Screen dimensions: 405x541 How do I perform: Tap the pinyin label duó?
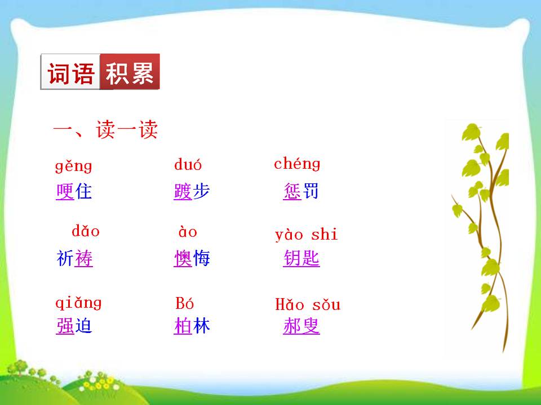188,165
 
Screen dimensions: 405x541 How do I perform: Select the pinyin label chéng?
297,164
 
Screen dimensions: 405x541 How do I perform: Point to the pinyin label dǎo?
86,231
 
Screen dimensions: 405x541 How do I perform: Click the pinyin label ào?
188,232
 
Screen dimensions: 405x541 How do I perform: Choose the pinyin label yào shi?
306,235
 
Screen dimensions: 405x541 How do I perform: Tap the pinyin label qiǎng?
78,303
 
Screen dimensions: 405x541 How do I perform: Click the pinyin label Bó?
185,304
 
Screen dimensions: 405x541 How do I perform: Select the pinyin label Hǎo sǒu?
308,305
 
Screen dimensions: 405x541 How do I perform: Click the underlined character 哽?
65,192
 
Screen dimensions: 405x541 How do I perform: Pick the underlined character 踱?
183,192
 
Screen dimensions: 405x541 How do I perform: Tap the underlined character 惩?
292,191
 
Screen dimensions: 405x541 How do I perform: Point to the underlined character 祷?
83,259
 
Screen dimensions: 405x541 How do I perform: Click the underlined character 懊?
183,259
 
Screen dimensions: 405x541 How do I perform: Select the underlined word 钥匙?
301,259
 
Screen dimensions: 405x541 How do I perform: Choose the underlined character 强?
65,326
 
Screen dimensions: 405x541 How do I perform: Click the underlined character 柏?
183,326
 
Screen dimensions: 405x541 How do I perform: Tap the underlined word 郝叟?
301,326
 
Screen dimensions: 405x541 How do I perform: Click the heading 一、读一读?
105,132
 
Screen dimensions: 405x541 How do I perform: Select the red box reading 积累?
130,72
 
